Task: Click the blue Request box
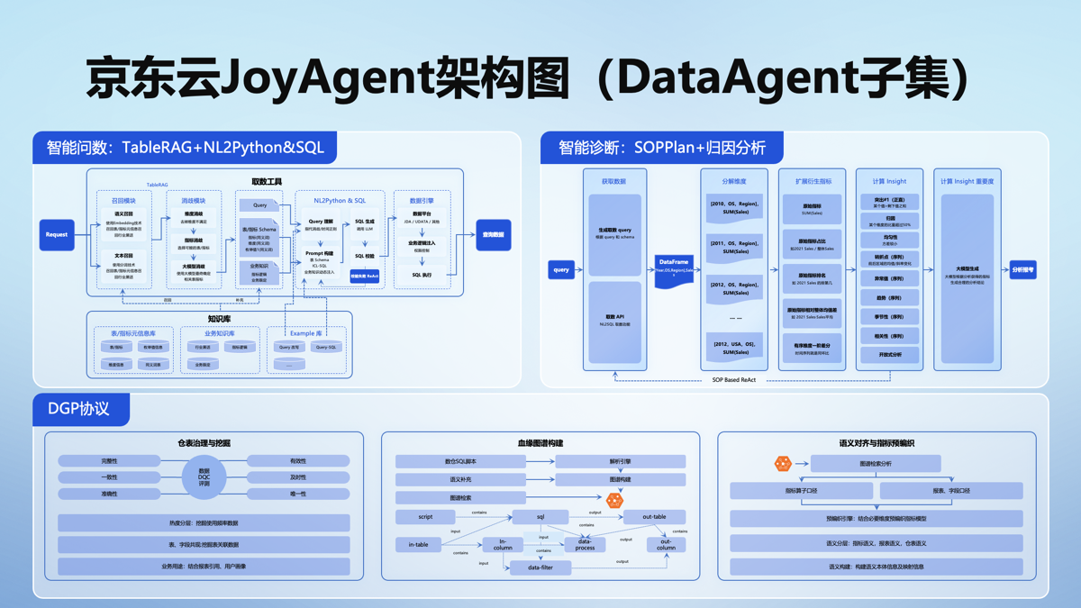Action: tap(57, 234)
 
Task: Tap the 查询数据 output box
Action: tap(493, 234)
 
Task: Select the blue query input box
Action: tap(561, 269)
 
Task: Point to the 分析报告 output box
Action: tap(1022, 269)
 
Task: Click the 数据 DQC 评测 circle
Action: tap(204, 477)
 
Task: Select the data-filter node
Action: tap(540, 567)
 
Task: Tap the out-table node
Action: tap(654, 517)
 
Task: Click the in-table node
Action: tap(418, 544)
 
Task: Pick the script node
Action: tap(425, 517)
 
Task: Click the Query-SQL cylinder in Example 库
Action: tap(326, 347)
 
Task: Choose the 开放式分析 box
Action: tap(889, 355)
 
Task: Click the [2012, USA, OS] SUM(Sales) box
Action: tap(735, 348)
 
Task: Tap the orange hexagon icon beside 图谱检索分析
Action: tap(783, 463)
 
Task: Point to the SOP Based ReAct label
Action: tap(734, 380)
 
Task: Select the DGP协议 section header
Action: tap(78, 408)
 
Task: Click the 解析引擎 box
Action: tap(620, 461)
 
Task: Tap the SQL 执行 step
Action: tap(422, 275)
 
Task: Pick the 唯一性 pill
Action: tap(298, 494)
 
